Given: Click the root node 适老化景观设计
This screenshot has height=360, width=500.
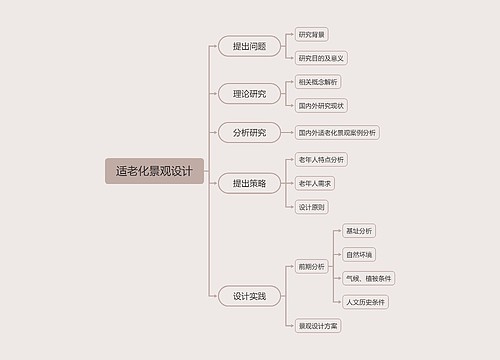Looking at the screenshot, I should (x=154, y=171).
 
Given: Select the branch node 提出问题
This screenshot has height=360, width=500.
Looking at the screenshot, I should (x=249, y=46).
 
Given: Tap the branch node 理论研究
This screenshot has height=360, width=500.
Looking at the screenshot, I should (x=249, y=94).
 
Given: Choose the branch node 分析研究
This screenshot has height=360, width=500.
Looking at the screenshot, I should (x=249, y=132).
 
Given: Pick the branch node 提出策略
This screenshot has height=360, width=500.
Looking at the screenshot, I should (x=249, y=183).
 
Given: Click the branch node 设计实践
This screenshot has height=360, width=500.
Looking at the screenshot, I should (x=249, y=296).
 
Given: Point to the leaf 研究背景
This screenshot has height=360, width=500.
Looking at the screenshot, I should (x=312, y=35).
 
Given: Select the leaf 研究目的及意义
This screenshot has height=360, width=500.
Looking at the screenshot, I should (x=321, y=58).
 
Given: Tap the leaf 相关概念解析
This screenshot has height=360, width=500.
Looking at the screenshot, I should (x=318, y=82).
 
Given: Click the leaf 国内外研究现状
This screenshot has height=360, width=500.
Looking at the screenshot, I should (x=321, y=105).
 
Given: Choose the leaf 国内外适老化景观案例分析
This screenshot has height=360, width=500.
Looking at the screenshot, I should (x=337, y=132).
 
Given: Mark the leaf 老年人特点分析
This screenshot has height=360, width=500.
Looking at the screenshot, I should (x=321, y=159).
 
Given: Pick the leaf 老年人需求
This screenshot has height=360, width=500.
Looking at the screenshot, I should (x=316, y=183).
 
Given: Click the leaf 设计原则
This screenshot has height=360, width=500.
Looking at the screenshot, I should (x=312, y=207).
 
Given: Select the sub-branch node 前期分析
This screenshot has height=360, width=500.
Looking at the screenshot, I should (x=312, y=267).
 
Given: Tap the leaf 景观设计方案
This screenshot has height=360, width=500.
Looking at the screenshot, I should (x=318, y=326).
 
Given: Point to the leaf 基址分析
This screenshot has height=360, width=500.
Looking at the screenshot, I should (x=358, y=231).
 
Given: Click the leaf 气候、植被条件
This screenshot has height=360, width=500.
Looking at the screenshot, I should (x=368, y=278).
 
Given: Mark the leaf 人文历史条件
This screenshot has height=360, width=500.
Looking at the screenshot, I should (x=365, y=301).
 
